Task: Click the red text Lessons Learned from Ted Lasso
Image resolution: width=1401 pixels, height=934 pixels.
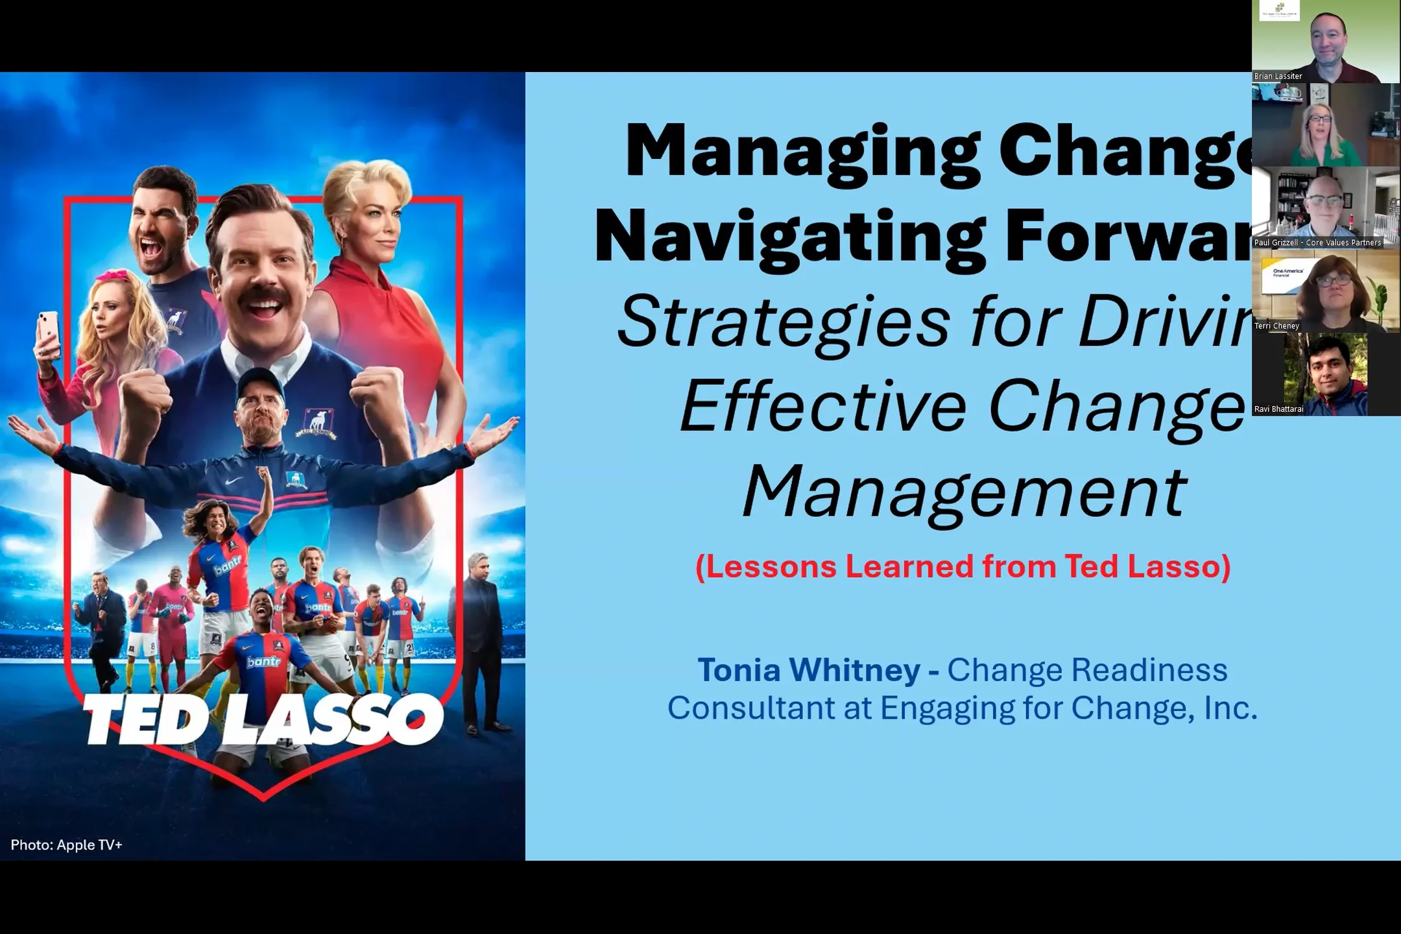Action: [963, 566]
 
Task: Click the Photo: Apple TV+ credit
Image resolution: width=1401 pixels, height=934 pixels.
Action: [66, 844]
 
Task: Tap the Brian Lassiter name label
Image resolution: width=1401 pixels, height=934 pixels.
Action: [1278, 76]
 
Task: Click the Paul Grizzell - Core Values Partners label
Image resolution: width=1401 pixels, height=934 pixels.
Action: [1317, 243]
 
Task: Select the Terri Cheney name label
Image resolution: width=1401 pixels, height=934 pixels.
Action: [1276, 326]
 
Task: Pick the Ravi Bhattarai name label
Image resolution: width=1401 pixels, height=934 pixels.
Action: [1278, 409]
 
